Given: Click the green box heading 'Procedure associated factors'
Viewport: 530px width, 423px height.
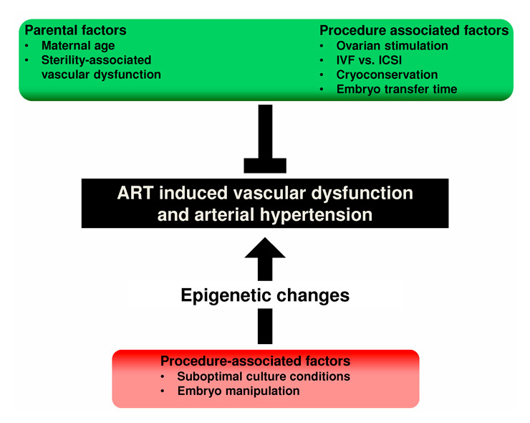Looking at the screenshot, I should (x=414, y=31).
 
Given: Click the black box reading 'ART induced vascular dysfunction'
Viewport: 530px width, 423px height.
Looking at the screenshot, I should (x=265, y=194).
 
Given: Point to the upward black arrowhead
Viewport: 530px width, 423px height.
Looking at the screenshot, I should (x=265, y=249).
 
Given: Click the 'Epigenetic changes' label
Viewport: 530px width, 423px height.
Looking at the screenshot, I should (x=265, y=295).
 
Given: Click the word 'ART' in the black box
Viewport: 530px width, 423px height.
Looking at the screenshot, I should (x=138, y=194).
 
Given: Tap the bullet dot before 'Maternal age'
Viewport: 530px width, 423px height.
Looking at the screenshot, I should (x=29, y=46).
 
